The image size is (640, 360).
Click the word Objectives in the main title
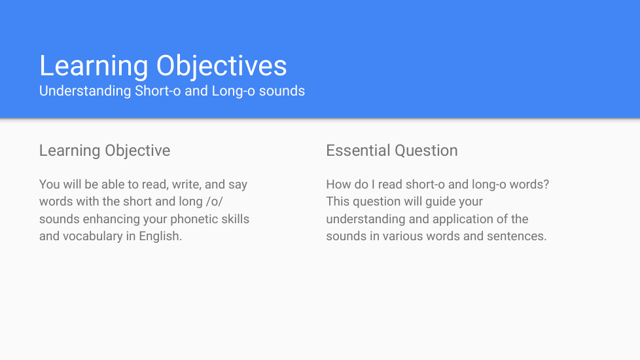tap(222, 67)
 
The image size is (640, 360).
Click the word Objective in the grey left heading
tap(137, 151)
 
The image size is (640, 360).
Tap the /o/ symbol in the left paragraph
tap(215, 202)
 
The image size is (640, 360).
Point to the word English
tap(160, 236)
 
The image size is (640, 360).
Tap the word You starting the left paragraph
tap(49, 185)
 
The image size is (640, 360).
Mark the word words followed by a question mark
tap(529, 185)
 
